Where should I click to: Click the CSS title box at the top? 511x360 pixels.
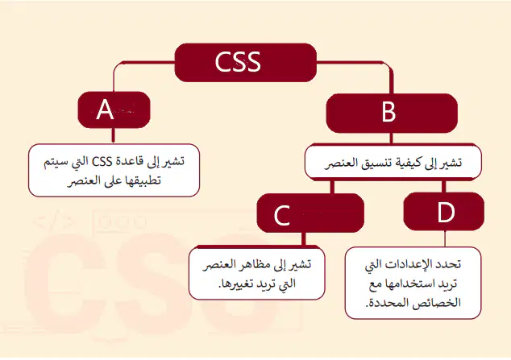(245, 62)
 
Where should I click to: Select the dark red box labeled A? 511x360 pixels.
(114, 110)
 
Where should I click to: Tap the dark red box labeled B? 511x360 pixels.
(392, 113)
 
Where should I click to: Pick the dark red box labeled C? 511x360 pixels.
(310, 213)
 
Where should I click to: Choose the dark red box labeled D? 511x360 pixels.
(444, 211)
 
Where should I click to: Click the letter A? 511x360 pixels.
(105, 110)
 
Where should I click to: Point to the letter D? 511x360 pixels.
(446, 213)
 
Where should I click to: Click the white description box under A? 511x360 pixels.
(114, 170)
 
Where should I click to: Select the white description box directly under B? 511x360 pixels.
(393, 162)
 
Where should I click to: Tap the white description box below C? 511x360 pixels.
(257, 273)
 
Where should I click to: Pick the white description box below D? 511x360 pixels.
(413, 283)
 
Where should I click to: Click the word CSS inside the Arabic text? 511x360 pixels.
(102, 161)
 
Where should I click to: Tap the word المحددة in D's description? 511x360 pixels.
(384, 303)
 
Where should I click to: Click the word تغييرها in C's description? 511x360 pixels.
(235, 283)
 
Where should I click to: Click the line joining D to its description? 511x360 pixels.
(445, 238)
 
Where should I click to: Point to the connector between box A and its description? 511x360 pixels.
(113, 136)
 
